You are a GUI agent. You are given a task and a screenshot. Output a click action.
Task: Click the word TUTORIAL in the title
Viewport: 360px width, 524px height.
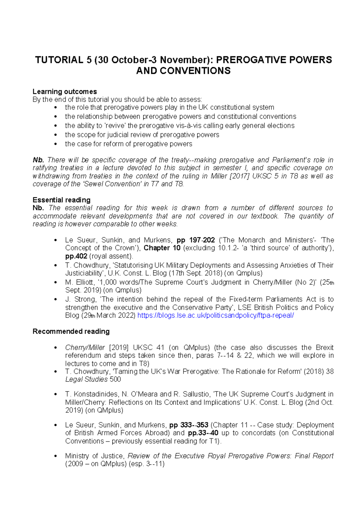(x=59, y=60)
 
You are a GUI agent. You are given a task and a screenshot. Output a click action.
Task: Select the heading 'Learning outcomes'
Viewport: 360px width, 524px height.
(x=64, y=91)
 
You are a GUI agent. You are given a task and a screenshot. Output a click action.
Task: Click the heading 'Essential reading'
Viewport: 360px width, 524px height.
(x=61, y=200)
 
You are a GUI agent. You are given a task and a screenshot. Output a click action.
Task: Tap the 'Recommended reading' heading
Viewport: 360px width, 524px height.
(x=71, y=331)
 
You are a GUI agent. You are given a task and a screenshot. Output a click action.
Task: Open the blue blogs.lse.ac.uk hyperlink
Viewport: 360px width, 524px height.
(x=215, y=316)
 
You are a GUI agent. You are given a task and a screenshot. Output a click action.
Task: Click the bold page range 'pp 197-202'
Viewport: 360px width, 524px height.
(x=196, y=240)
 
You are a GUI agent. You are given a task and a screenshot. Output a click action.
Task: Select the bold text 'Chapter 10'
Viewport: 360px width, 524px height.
(x=162, y=248)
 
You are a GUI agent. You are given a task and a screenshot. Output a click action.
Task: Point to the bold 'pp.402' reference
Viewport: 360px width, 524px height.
(x=76, y=256)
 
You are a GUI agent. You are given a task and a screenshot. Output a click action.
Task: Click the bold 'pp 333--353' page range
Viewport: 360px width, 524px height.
(x=189, y=425)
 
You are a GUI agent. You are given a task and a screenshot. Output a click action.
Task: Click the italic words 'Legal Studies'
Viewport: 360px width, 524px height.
(x=86, y=379)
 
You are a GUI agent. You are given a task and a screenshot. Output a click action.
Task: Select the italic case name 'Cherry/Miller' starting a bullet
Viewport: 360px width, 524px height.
(x=85, y=347)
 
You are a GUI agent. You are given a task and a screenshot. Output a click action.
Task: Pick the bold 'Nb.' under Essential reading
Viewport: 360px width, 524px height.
(x=38, y=208)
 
